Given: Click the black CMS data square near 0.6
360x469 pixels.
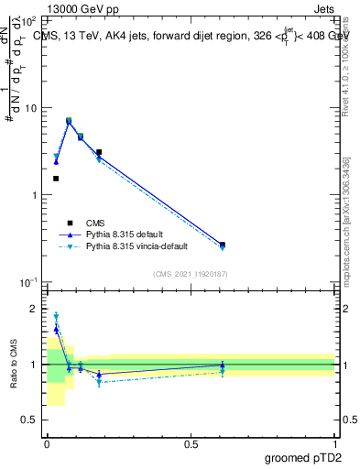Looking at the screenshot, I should pyautogui.click(x=223, y=245).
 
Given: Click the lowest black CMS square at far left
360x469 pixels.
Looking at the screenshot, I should pyautogui.click(x=56, y=179).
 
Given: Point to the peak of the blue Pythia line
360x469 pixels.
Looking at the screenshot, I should pyautogui.click(x=69, y=122).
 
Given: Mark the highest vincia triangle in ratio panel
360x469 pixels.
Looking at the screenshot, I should pyautogui.click(x=56, y=316).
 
